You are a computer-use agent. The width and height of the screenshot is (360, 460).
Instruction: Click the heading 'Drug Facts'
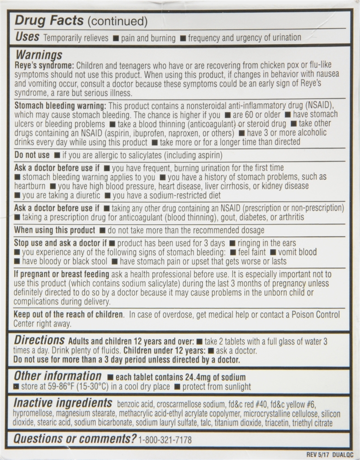tap(49, 21)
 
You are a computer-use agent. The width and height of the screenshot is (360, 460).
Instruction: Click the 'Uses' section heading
tap(27, 37)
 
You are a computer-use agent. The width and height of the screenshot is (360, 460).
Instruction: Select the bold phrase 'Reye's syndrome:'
tap(44, 65)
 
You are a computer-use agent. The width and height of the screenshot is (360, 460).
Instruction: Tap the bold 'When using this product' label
tap(54, 230)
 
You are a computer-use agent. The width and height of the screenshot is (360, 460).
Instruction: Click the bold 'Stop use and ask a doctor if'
tap(60, 243)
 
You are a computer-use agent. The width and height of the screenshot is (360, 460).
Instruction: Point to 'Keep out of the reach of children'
tap(69, 315)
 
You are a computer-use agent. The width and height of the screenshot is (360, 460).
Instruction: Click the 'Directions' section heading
tap(40, 340)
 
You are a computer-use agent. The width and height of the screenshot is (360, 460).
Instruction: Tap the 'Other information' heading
tap(57, 376)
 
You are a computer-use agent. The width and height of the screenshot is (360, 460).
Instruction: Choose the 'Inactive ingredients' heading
tap(63, 402)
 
